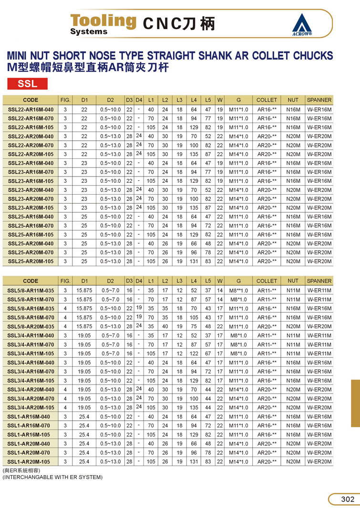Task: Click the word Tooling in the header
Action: (103, 21)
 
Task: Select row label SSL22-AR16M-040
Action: (31, 109)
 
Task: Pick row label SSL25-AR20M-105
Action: (31, 261)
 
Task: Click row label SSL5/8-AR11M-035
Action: (31, 291)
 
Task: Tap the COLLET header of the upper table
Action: (267, 100)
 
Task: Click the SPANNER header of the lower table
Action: (319, 281)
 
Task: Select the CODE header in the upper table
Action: (31, 100)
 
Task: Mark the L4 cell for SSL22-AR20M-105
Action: (194, 154)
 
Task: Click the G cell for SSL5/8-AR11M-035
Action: (238, 291)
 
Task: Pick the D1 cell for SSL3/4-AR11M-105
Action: (84, 354)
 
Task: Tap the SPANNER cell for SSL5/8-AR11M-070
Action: (319, 300)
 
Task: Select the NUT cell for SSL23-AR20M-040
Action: (293, 190)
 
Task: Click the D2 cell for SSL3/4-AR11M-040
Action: (110, 335)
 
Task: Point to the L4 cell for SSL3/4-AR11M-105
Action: (194, 354)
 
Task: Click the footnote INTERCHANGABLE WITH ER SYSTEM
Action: (52, 477)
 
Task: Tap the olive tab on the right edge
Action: (355, 403)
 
